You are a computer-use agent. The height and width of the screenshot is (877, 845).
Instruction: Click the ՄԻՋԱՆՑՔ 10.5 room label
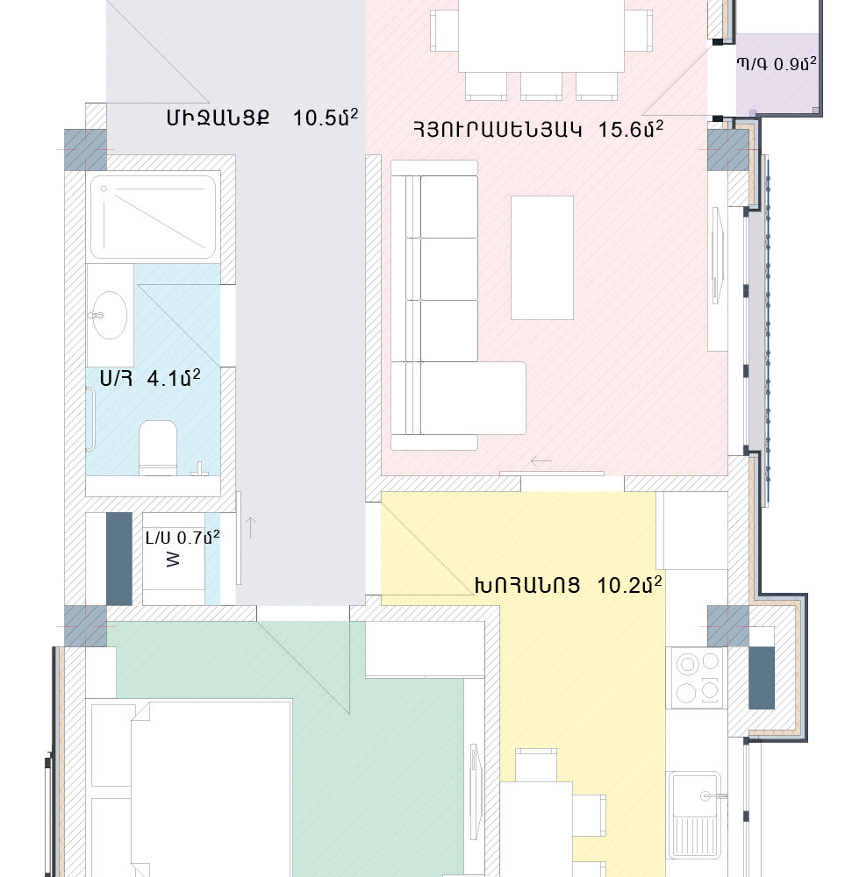click(261, 118)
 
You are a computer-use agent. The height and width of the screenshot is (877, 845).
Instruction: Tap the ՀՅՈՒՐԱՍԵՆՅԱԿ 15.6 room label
click(539, 129)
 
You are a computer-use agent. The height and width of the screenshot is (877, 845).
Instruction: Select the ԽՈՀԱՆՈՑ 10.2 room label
click(569, 585)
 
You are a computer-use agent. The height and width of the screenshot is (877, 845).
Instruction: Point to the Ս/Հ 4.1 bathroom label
click(150, 378)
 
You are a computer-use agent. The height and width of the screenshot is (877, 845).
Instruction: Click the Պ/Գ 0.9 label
click(777, 64)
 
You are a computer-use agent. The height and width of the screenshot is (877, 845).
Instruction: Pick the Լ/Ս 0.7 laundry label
click(183, 538)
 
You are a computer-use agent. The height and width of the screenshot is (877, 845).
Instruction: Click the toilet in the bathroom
click(158, 448)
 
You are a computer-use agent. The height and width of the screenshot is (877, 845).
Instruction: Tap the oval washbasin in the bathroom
click(109, 315)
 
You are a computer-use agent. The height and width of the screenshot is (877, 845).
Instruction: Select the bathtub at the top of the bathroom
click(153, 217)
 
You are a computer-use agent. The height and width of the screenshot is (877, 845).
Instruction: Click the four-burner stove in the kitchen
click(698, 678)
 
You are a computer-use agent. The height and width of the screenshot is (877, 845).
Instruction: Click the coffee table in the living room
click(542, 257)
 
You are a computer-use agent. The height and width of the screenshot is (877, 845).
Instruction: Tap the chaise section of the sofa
click(459, 398)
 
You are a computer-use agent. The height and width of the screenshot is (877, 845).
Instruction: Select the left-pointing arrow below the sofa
click(541, 461)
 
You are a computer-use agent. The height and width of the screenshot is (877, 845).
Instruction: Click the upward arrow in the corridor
click(251, 528)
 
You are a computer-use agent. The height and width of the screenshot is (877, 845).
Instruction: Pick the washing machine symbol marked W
click(173, 560)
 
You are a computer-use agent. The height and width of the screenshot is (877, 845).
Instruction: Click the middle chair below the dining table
click(541, 86)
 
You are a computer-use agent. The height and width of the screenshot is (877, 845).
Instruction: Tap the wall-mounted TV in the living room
click(717, 256)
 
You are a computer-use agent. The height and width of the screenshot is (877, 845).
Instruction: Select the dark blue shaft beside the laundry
click(119, 559)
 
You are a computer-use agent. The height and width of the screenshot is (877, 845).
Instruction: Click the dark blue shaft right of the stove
click(762, 678)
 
